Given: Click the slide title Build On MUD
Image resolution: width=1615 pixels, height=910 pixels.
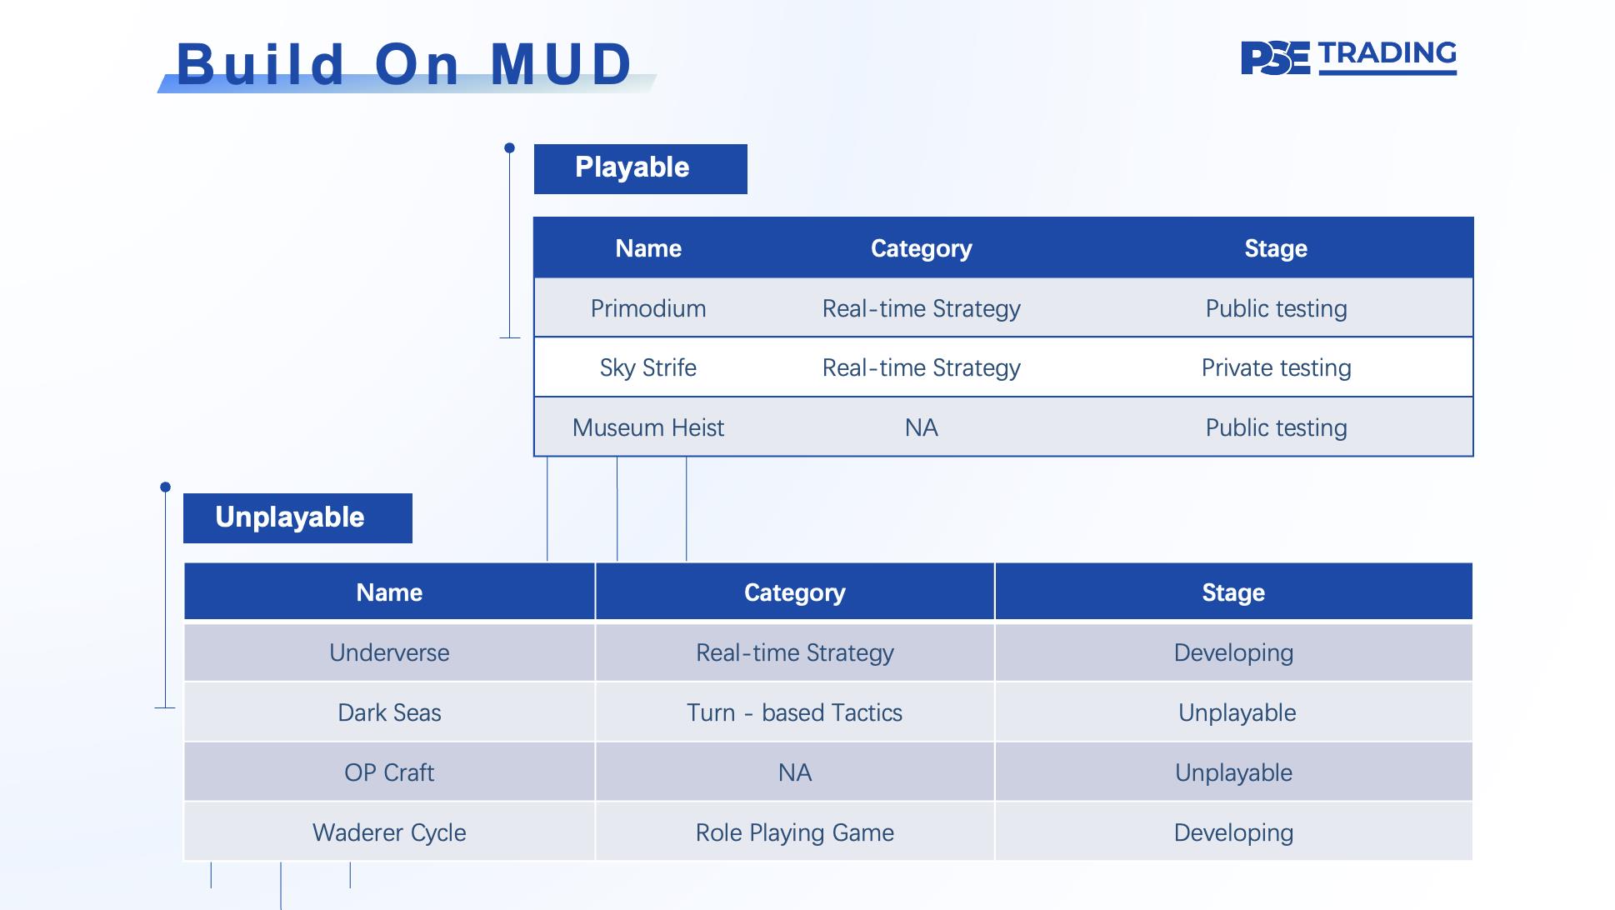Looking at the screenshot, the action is tap(404, 64).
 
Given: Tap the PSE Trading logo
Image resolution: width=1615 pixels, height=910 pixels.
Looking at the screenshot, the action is tap(1348, 57).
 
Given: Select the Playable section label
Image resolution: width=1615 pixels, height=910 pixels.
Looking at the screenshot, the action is tap(640, 168).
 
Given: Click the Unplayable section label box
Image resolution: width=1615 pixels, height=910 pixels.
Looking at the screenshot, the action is tap(297, 517).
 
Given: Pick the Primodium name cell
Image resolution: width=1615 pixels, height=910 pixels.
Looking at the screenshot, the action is tap(648, 308).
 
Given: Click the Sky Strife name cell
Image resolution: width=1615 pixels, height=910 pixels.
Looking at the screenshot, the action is tap(648, 367).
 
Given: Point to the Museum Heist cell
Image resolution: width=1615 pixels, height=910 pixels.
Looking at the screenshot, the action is tap(648, 427).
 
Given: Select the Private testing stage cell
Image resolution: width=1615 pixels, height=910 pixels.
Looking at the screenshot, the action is tap(1276, 367).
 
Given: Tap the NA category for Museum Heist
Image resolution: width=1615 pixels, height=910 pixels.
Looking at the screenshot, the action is tap(922, 427).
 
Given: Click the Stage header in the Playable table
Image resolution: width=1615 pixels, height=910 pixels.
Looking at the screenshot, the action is tap(1276, 248).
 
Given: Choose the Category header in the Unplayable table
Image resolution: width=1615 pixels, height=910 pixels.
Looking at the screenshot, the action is tap(795, 592).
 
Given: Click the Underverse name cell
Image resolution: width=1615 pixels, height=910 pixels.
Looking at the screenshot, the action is tap(389, 652).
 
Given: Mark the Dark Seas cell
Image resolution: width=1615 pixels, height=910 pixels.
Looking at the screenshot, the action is tap(389, 712).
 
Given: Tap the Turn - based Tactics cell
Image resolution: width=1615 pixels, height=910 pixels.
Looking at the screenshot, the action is tap(795, 712).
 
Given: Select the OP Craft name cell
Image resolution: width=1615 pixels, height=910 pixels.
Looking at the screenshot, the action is tap(389, 772).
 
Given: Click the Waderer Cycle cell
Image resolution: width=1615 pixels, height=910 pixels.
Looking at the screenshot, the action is tap(389, 832).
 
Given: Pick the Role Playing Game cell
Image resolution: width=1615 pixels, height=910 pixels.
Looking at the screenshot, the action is tap(795, 832).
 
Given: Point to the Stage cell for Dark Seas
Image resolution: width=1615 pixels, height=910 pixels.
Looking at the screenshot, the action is tap(1234, 712).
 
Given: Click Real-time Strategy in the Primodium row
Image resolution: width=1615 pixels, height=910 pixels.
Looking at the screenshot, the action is tap(922, 308).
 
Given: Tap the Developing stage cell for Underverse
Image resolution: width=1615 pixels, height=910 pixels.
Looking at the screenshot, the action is tap(1234, 652).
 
